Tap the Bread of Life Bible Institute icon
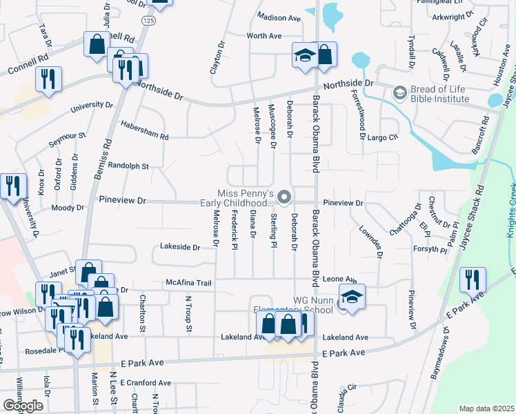[399, 92]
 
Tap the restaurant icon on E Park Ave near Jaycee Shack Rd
[473, 279]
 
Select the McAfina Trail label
[188, 282]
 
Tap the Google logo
[23, 406]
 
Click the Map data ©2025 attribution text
[486, 408]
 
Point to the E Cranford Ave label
[146, 383]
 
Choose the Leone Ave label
[339, 279]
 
